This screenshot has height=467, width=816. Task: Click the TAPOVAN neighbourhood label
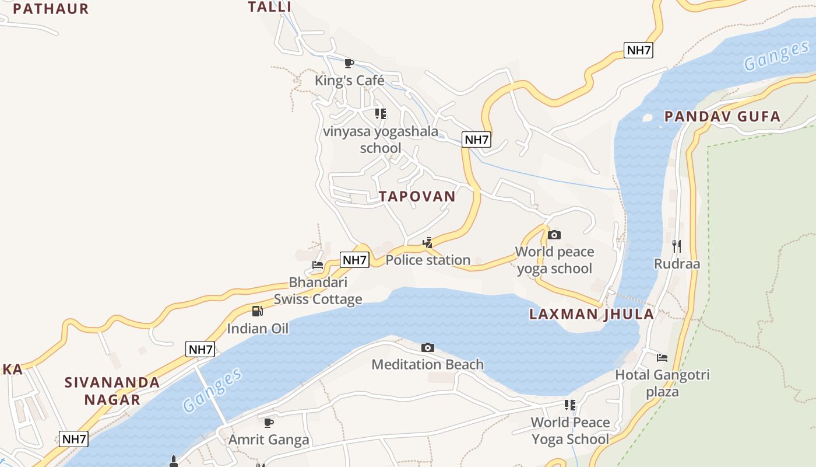(x=417, y=197)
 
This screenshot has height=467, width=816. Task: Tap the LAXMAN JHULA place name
(x=591, y=314)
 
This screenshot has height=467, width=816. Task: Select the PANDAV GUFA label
(x=722, y=117)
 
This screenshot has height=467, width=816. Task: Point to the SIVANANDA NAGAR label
(x=112, y=391)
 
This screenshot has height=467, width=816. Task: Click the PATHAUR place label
(x=51, y=9)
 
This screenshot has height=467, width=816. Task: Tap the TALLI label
(x=269, y=7)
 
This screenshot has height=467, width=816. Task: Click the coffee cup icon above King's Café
(x=349, y=63)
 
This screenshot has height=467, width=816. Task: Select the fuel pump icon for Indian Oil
(x=258, y=311)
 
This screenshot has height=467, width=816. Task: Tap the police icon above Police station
(x=428, y=243)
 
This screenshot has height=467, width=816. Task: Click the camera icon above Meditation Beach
(x=428, y=348)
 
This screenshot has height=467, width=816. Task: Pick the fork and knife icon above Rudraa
(x=676, y=246)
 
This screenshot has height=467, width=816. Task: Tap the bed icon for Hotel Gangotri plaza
(x=662, y=357)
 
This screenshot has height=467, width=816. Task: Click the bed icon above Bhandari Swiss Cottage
(x=318, y=265)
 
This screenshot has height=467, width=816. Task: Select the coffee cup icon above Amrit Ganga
(x=268, y=422)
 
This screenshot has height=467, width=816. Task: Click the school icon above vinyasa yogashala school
(x=380, y=114)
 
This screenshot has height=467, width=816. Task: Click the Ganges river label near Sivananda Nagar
(x=212, y=391)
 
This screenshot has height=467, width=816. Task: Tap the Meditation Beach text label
(x=427, y=365)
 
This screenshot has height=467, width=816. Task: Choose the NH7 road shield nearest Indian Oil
(x=201, y=350)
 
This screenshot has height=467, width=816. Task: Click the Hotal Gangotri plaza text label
(x=662, y=383)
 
